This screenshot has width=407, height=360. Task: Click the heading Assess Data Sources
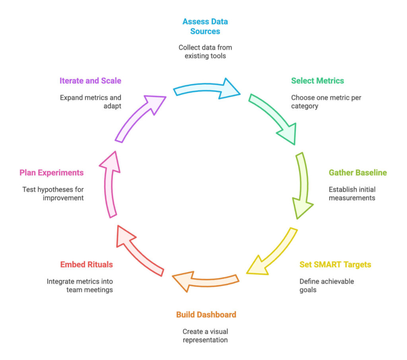[x=205, y=26]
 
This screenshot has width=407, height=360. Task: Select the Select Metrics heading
[x=317, y=81]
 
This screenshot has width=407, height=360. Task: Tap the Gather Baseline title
[x=357, y=173]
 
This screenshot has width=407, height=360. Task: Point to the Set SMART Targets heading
[x=335, y=265]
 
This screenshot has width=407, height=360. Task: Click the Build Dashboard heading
[x=206, y=315]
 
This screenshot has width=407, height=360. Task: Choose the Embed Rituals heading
[x=86, y=265]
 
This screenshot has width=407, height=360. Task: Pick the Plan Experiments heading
[x=52, y=173]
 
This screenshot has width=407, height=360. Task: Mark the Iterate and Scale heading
[x=90, y=81]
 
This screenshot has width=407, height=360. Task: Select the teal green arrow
[x=274, y=118]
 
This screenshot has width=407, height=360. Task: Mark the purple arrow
[x=139, y=118]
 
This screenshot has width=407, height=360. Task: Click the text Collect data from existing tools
[x=205, y=52]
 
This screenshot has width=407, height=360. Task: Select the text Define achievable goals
[x=326, y=286]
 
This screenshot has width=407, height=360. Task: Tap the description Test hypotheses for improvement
[x=53, y=194]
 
